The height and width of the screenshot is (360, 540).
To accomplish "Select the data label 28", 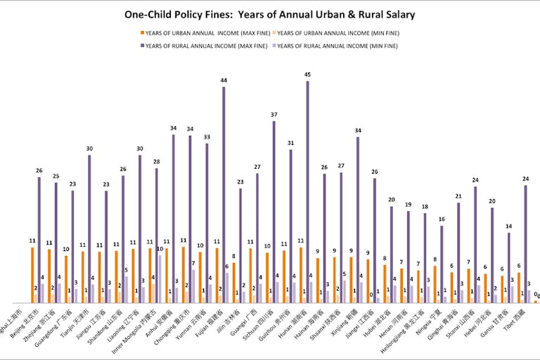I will click(156, 162).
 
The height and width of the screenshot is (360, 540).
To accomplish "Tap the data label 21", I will click(458, 196).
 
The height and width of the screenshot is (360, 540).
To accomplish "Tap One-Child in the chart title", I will click(149, 13).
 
